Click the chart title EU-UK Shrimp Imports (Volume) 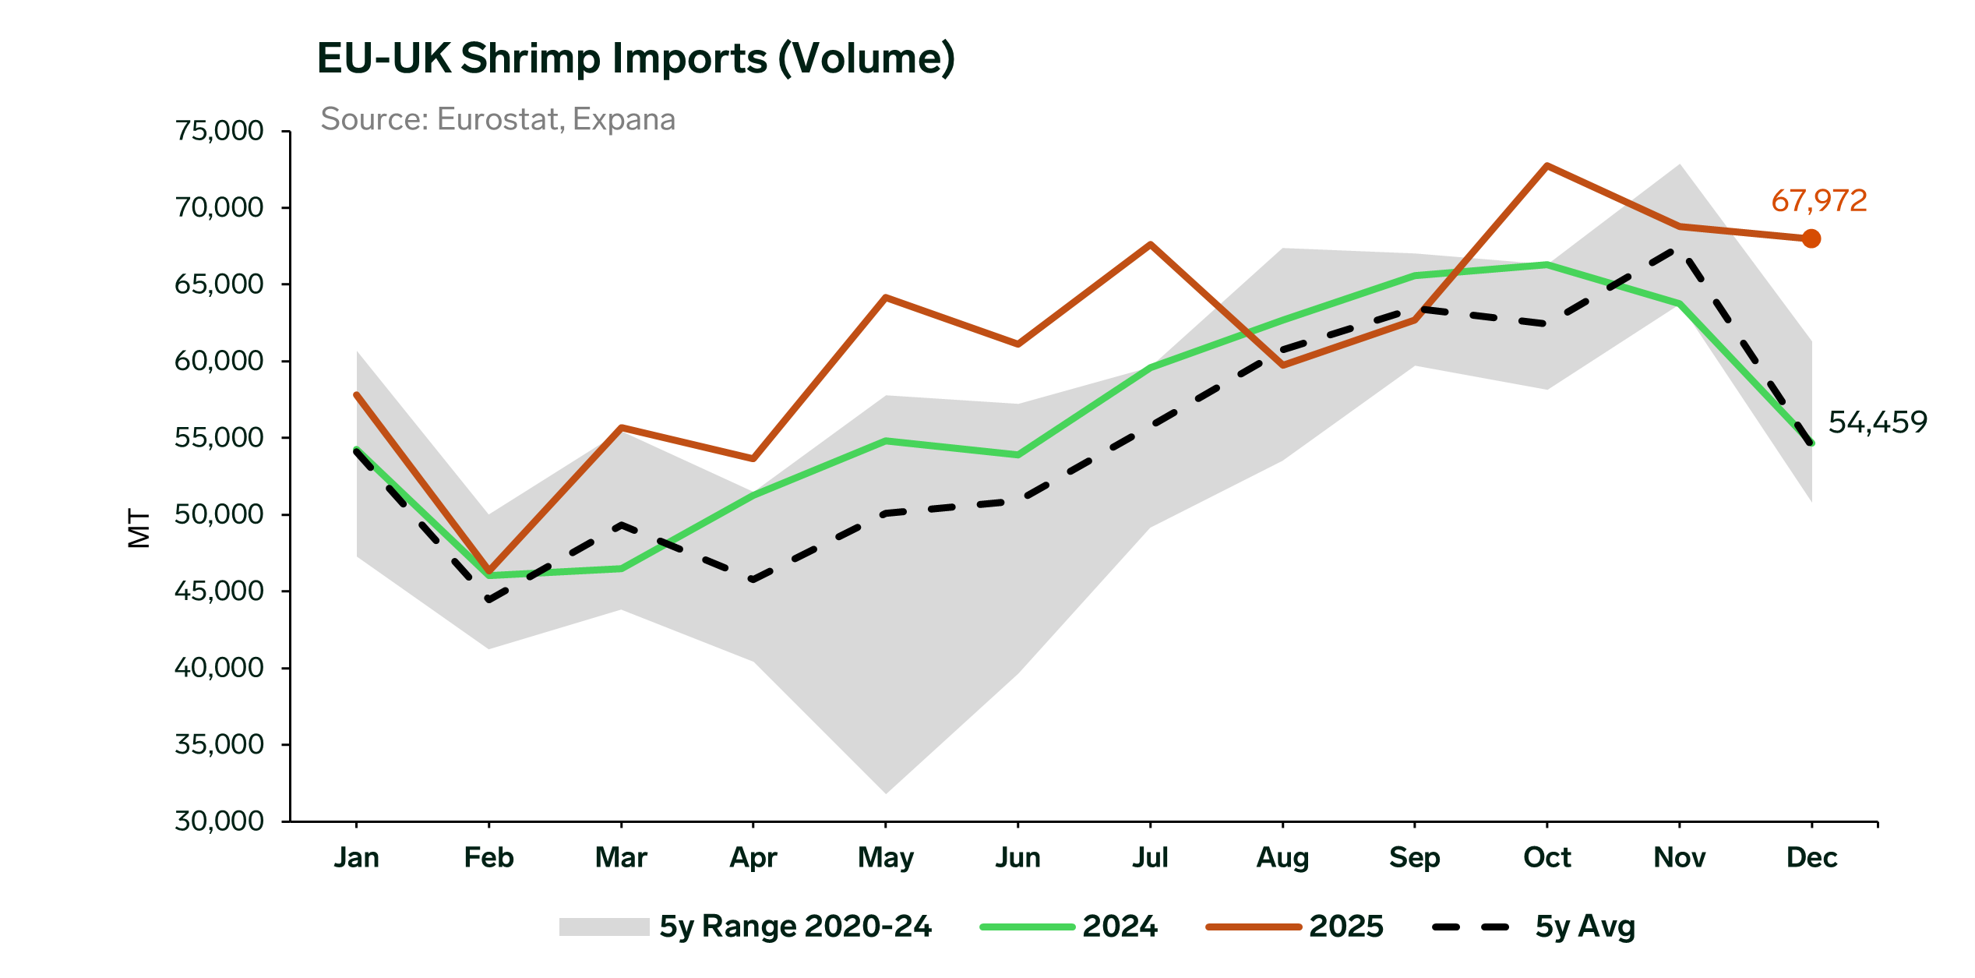pos(635,58)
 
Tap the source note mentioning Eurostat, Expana pos(498,119)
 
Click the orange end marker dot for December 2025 pos(1811,238)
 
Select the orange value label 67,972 pos(1818,201)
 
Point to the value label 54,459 pos(1877,422)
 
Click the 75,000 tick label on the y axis pos(219,131)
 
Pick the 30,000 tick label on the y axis pos(219,821)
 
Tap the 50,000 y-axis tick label pos(219,514)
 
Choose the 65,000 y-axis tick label pos(219,284)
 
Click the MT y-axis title pos(139,528)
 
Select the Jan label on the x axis pos(357,857)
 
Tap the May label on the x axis pos(885,857)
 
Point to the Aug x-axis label pos(1282,857)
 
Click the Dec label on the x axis pos(1811,857)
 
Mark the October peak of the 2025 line pos(1546,166)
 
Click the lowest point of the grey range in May pos(886,793)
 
